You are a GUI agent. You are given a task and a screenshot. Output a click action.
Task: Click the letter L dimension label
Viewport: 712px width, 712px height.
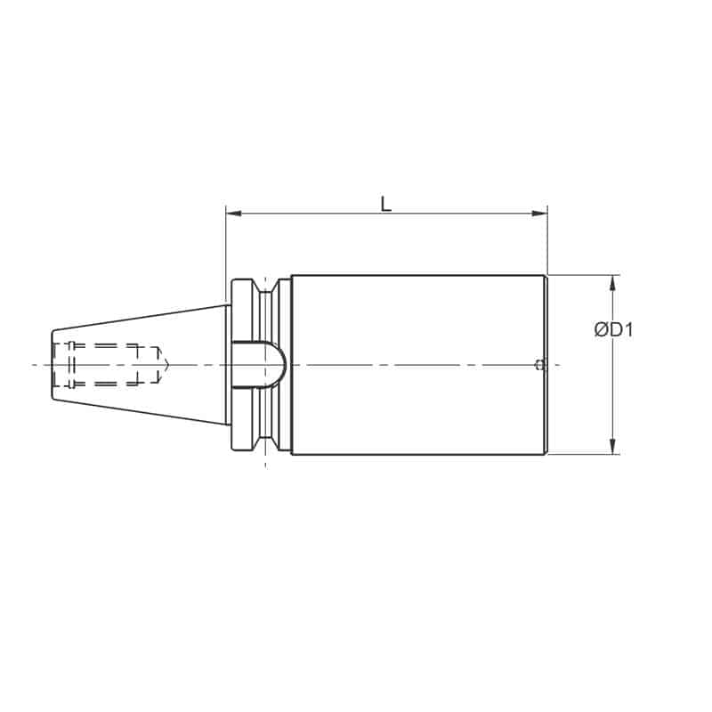(385, 204)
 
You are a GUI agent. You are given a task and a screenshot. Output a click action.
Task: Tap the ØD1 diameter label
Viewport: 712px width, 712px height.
(613, 330)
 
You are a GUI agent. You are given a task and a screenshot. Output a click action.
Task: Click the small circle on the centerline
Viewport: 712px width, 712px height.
(538, 364)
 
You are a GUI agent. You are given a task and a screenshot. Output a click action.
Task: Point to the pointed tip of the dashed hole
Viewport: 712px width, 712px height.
(166, 364)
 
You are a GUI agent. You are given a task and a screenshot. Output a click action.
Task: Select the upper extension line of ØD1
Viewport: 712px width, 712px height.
(583, 274)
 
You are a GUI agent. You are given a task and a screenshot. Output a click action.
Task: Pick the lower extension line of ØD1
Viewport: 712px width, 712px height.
(583, 454)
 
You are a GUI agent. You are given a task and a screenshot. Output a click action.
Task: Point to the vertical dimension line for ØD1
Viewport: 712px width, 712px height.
(612, 392)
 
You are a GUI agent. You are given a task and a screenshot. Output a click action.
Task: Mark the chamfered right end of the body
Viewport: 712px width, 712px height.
(546, 365)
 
